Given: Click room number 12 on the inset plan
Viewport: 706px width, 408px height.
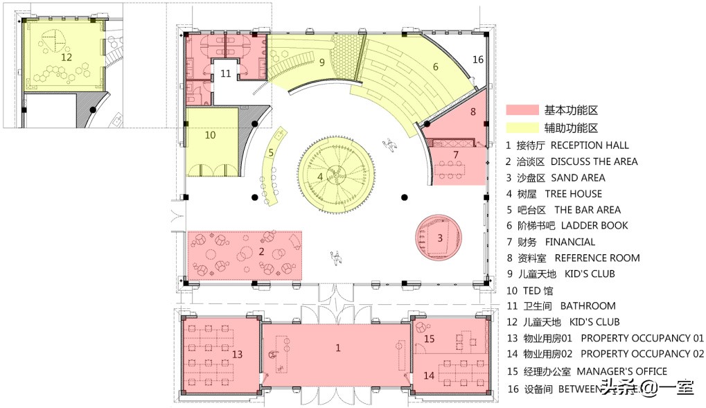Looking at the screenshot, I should click(x=67, y=57).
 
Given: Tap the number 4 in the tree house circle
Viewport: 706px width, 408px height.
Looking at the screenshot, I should click(x=320, y=177).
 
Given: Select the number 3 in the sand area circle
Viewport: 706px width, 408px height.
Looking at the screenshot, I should click(x=439, y=238).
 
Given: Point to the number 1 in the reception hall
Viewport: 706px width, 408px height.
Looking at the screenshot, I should click(x=338, y=348).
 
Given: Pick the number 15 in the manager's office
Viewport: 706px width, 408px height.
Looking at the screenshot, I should click(x=430, y=339).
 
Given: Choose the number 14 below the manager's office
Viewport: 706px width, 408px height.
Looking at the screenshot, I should click(x=430, y=375).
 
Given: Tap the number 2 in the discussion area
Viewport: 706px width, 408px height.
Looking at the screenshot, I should click(x=261, y=252).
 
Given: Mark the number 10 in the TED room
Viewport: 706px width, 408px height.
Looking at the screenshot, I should click(x=211, y=136).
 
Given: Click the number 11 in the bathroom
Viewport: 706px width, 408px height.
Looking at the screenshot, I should click(x=226, y=73).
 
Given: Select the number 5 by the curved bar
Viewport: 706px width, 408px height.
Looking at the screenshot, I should click(x=272, y=153).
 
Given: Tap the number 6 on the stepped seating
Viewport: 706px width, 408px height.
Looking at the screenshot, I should click(x=436, y=67).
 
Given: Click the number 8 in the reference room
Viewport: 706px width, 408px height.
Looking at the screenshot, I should click(x=473, y=112).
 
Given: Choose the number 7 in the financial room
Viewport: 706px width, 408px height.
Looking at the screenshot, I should click(x=456, y=154).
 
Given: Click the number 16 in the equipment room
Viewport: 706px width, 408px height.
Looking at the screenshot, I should click(x=478, y=60).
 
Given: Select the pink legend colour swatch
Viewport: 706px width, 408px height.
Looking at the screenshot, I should click(x=522, y=110).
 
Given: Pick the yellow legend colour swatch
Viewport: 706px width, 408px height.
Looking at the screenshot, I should click(x=522, y=128).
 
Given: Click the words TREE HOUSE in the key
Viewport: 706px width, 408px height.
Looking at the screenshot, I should click(x=574, y=194).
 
